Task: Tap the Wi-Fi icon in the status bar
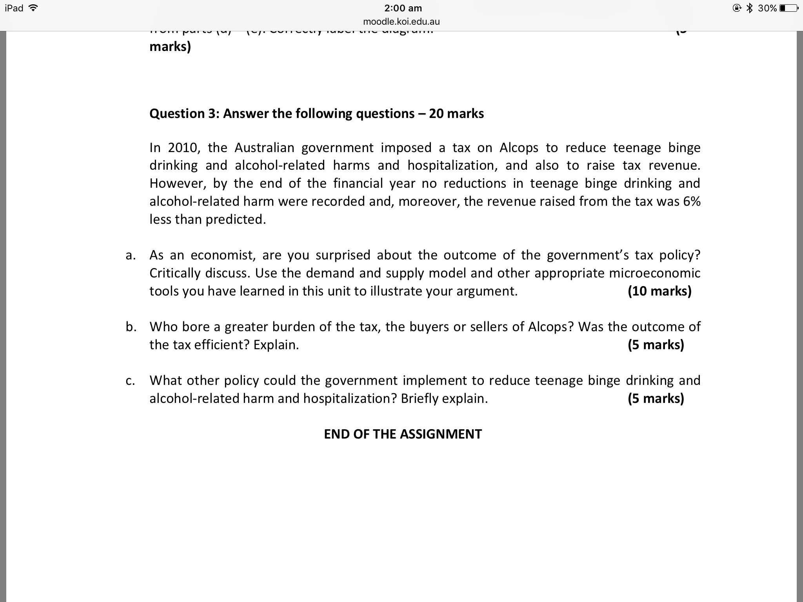coord(33,8)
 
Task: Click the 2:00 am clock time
coord(403,8)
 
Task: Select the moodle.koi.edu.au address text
coord(401,22)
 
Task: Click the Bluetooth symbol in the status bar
coord(749,8)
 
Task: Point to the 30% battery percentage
coord(767,8)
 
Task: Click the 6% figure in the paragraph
coord(692,201)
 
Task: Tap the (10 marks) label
coord(659,291)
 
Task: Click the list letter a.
coord(131,256)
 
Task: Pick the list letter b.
coord(131,327)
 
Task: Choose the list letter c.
coord(131,381)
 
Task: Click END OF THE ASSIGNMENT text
coord(403,434)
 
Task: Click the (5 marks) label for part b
coord(656,345)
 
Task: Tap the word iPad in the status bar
coord(14,8)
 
